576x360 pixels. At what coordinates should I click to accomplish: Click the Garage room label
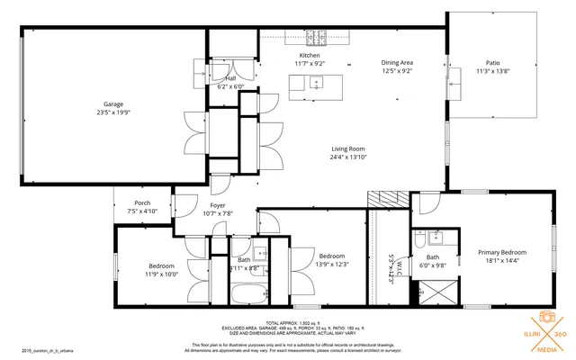(112, 104)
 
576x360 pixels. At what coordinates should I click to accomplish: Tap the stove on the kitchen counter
(316, 38)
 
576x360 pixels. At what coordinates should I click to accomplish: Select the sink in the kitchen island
(316, 83)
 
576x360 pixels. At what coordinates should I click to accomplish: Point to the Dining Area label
(396, 61)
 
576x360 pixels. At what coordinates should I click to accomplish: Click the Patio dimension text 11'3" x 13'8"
(491, 71)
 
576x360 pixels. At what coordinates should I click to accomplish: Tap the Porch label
(142, 202)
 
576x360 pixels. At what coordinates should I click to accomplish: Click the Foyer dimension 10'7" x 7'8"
(218, 213)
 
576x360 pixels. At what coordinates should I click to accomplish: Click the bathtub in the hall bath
(247, 294)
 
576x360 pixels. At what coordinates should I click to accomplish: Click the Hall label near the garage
(231, 78)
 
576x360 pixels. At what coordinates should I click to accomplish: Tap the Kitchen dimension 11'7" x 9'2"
(310, 63)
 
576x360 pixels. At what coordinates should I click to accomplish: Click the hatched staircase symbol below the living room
(382, 200)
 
